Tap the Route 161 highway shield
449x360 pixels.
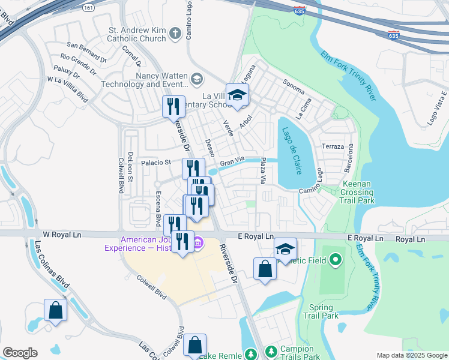pos(89,8)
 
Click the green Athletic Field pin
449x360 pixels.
pos(336,260)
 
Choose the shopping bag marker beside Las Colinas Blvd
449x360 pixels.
pos(55,311)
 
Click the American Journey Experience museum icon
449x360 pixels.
pos(199,242)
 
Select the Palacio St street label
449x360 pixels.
pos(157,162)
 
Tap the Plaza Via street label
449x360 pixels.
pos(263,171)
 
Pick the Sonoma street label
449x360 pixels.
pos(294,83)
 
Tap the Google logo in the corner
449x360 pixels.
pos(20,353)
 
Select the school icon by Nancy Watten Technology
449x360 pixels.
pos(196,79)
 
